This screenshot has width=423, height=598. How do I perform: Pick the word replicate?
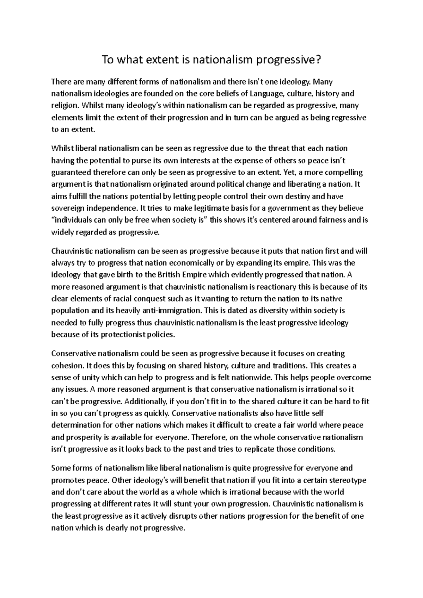click(259, 449)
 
